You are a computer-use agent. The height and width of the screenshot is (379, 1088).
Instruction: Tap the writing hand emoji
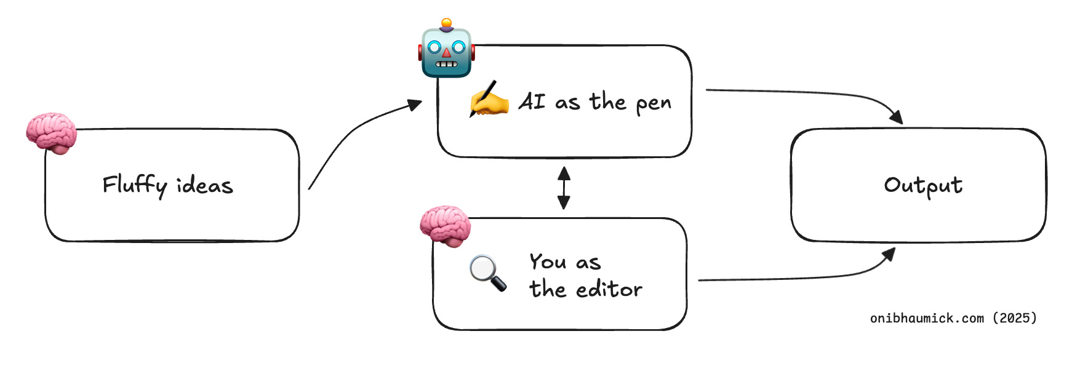(489, 99)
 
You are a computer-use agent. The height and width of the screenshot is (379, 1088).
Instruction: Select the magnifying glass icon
(487, 272)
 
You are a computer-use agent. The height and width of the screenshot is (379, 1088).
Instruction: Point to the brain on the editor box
(445, 226)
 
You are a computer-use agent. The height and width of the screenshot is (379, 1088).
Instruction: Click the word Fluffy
(135, 185)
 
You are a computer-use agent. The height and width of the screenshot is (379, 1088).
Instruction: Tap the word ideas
(205, 185)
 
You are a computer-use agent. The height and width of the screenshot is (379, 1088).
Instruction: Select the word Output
(923, 185)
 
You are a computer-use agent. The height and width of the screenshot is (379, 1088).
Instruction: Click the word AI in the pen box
(532, 102)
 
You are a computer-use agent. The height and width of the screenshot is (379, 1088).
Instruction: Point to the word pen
(654, 103)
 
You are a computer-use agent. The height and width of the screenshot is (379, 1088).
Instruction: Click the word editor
(609, 289)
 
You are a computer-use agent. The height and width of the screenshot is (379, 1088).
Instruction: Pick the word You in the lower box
(548, 261)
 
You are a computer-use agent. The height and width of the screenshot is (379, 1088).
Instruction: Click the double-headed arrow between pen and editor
(564, 188)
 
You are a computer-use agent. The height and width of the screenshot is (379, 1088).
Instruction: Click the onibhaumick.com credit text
(927, 318)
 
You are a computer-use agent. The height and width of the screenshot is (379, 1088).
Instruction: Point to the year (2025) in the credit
(1015, 318)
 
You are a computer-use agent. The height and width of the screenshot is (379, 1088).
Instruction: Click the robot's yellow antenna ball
(447, 23)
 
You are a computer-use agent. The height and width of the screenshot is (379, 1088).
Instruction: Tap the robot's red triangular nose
(447, 53)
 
